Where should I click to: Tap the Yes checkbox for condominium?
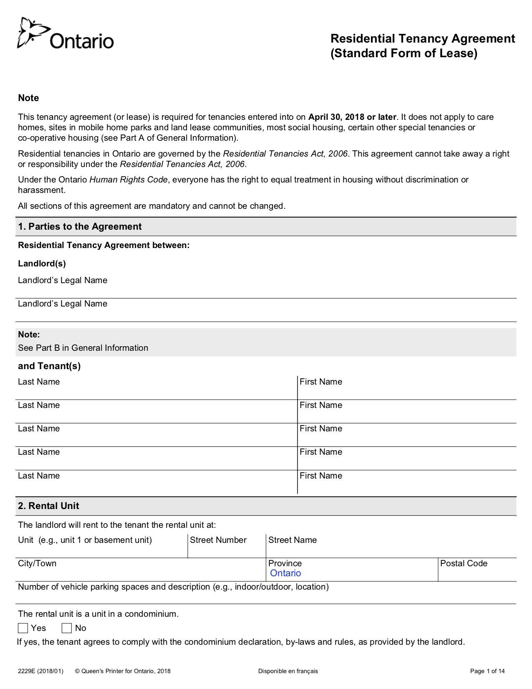click(x=23, y=628)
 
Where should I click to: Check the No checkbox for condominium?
click(x=67, y=628)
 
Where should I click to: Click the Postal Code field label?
click(x=464, y=563)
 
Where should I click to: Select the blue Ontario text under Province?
click(x=285, y=573)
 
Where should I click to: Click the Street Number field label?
click(x=218, y=540)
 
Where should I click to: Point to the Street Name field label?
click(x=292, y=540)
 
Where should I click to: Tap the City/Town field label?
click(x=37, y=563)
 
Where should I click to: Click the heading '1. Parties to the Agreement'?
click(x=80, y=226)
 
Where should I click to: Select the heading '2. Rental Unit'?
click(x=48, y=506)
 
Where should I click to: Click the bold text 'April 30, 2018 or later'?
click(x=352, y=117)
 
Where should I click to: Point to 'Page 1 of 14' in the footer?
click(x=487, y=671)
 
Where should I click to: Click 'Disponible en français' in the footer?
click(x=288, y=671)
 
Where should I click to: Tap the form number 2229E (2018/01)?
click(x=40, y=671)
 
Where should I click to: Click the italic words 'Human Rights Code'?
click(x=129, y=180)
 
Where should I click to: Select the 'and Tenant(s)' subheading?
click(x=49, y=366)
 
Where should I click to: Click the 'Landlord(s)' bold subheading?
click(x=42, y=263)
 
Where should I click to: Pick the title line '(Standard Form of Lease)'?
click(x=403, y=53)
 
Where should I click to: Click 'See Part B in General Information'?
click(x=83, y=348)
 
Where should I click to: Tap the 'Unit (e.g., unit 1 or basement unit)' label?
click(x=85, y=540)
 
